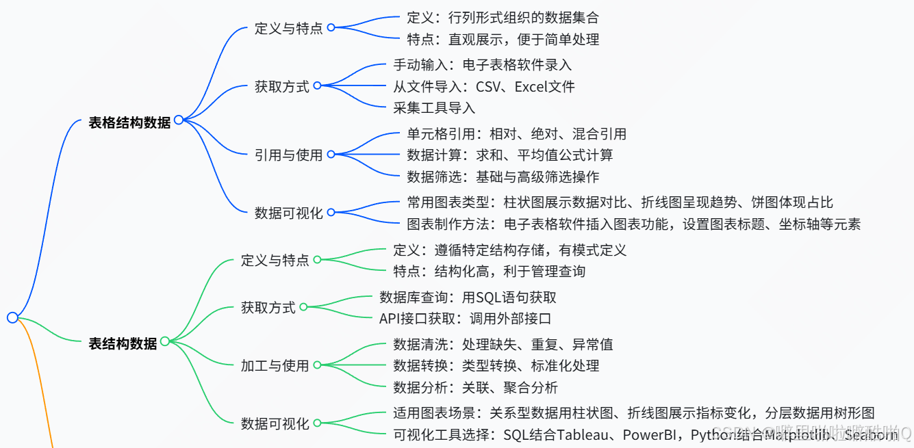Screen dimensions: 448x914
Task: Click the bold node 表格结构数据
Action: pyautogui.click(x=129, y=123)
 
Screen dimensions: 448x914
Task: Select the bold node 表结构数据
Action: pyautogui.click(x=123, y=343)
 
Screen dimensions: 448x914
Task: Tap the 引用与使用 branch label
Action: pyautogui.click(x=288, y=155)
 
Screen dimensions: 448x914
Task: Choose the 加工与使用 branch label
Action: pyautogui.click(x=275, y=365)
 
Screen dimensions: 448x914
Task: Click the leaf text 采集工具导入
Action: pyautogui.click(x=434, y=107)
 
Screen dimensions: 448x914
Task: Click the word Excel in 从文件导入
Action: pyautogui.click(x=532, y=86)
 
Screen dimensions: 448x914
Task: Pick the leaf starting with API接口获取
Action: pyautogui.click(x=465, y=319)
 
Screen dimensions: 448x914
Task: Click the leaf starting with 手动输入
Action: pyautogui.click(x=482, y=65)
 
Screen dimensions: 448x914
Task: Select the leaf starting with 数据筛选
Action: pyautogui.click(x=503, y=176)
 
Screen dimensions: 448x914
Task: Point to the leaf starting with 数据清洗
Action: pyautogui.click(x=503, y=344)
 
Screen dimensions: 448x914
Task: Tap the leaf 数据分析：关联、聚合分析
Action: pyautogui.click(x=475, y=388)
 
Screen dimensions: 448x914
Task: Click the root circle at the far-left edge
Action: pyautogui.click(x=12, y=317)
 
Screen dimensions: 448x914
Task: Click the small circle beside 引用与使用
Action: pyautogui.click(x=331, y=155)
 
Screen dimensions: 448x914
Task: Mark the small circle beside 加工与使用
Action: pyautogui.click(x=317, y=365)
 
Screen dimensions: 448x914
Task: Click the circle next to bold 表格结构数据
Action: pyautogui.click(x=179, y=120)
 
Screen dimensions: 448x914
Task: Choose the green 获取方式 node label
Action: pyautogui.click(x=268, y=308)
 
